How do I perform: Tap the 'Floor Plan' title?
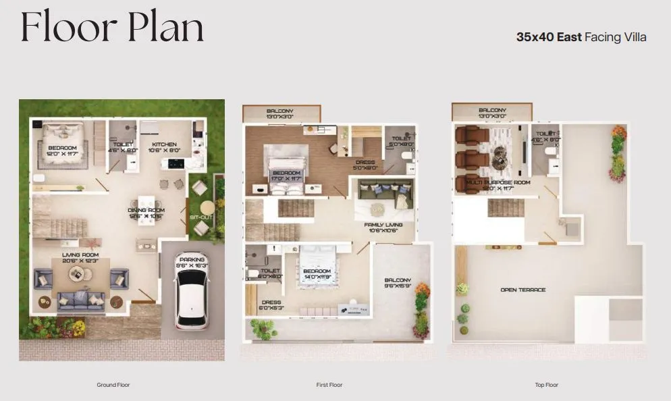pyautogui.click(x=112, y=28)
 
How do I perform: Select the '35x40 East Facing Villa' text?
pyautogui.click(x=581, y=37)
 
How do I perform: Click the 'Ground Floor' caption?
pyautogui.click(x=113, y=385)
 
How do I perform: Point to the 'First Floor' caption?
pyautogui.click(x=329, y=385)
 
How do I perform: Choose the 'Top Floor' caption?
pyautogui.click(x=546, y=385)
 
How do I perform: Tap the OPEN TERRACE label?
pyautogui.click(x=523, y=290)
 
